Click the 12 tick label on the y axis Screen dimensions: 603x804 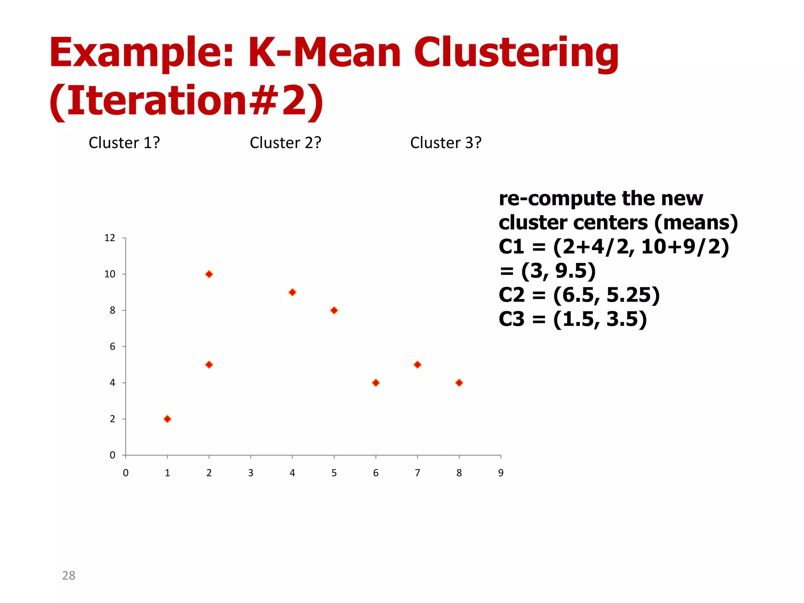click(x=110, y=238)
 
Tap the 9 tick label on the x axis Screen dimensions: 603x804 click(x=501, y=473)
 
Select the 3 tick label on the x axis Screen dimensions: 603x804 click(x=250, y=473)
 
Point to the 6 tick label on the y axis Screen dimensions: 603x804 click(x=112, y=347)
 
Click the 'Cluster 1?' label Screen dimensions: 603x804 click(x=124, y=143)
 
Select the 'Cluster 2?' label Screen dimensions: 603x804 click(x=285, y=143)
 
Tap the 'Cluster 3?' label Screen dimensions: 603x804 click(x=446, y=143)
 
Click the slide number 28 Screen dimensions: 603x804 click(x=69, y=576)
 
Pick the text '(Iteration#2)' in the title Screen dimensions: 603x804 click(x=186, y=101)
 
